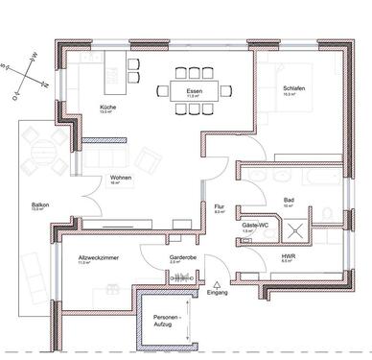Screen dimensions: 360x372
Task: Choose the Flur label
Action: pos(220,208)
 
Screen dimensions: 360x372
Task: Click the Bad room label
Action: pos(288,203)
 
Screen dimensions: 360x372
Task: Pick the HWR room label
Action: pos(288,257)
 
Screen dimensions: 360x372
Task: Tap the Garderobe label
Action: pos(182,257)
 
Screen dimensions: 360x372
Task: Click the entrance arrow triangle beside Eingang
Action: pos(220,283)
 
